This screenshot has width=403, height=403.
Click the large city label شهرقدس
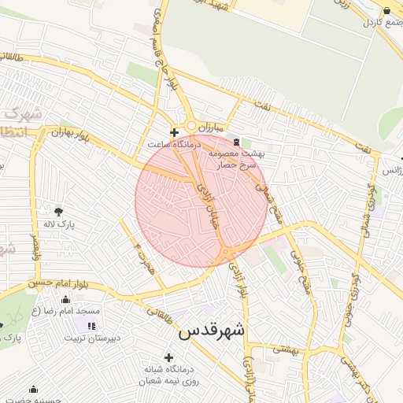(212, 331)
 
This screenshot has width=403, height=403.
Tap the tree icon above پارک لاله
(58, 211)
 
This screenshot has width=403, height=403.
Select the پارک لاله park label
(59, 224)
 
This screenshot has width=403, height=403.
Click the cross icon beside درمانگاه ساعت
(174, 132)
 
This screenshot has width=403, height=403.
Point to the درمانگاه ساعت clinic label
(174, 146)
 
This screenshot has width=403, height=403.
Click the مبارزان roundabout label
(211, 127)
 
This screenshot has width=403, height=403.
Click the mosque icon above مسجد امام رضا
(66, 300)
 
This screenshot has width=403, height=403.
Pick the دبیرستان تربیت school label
(93, 338)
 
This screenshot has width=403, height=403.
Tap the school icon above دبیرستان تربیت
(92, 325)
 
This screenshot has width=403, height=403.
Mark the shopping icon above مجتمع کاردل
(386, 9)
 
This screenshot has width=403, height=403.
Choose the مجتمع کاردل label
(382, 22)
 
